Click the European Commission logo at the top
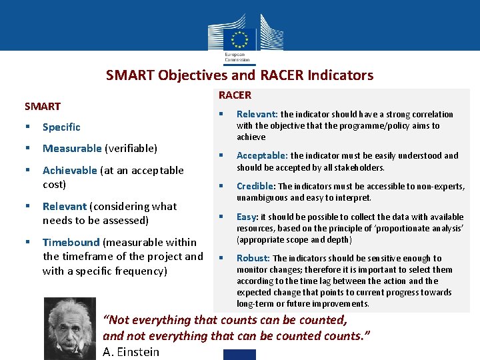(240, 37)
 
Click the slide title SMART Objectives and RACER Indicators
(239, 75)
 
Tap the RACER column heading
(235, 95)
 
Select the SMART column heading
(43, 106)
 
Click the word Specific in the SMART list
(61, 127)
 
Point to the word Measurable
(72, 148)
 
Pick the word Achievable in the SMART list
(69, 170)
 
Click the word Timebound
(71, 242)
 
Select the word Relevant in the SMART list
(65, 206)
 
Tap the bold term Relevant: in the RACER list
(257, 114)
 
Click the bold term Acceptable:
(262, 155)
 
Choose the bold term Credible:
(256, 186)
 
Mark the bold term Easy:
(247, 217)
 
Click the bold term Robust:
(253, 258)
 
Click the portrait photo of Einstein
(69, 328)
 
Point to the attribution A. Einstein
(131, 351)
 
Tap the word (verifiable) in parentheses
(131, 148)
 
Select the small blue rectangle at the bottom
(239, 354)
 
